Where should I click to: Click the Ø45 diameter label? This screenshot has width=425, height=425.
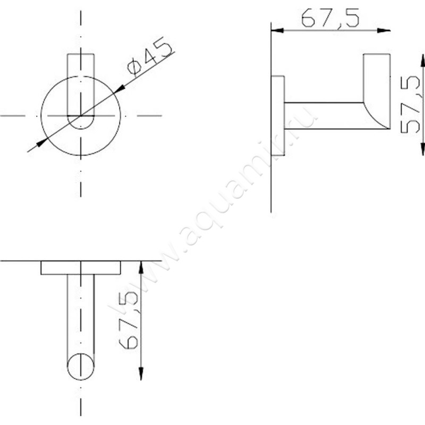[150, 55]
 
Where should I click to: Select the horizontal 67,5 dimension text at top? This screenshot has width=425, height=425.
[330, 18]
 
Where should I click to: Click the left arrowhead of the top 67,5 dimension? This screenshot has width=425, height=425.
[277, 30]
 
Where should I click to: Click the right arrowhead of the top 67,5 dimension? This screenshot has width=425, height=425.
[384, 30]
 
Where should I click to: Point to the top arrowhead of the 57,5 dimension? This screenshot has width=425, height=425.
[422, 61]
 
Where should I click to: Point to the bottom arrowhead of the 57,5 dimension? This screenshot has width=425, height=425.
[422, 149]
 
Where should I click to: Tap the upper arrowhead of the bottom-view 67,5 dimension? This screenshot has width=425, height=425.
[141, 267]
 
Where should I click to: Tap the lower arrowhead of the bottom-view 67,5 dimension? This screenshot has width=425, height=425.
[141, 373]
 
